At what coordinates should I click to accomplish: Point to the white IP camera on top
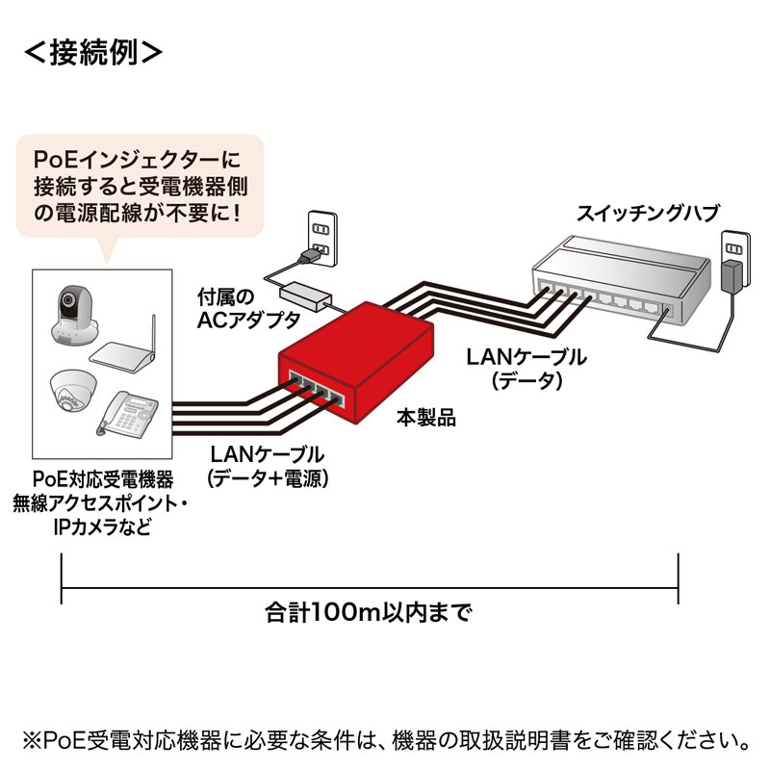[72, 313]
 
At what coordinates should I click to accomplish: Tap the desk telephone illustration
[125, 414]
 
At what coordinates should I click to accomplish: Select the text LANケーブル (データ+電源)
[266, 464]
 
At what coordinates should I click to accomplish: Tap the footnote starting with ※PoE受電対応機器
[385, 741]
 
